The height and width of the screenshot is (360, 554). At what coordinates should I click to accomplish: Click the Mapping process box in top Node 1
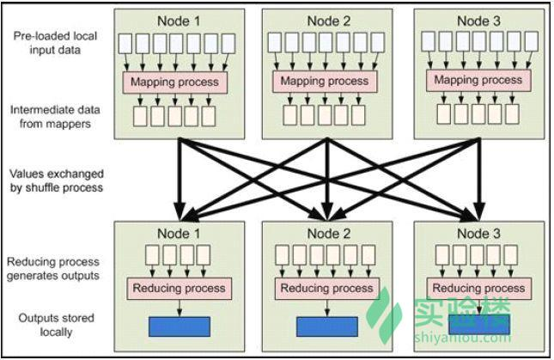coord(177,82)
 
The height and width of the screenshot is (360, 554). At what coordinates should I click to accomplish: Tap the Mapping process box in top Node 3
coord(478,80)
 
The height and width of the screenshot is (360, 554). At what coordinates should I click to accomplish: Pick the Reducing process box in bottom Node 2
coord(327,288)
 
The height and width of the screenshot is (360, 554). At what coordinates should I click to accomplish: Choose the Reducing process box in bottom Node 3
coord(478,288)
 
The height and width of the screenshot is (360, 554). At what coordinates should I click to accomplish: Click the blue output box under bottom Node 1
coord(179,326)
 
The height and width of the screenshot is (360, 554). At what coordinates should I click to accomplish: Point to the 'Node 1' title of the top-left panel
coord(177,20)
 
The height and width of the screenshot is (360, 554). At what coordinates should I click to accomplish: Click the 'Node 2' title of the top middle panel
coord(326,20)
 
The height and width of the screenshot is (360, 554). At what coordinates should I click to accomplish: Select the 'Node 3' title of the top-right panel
coord(478,20)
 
